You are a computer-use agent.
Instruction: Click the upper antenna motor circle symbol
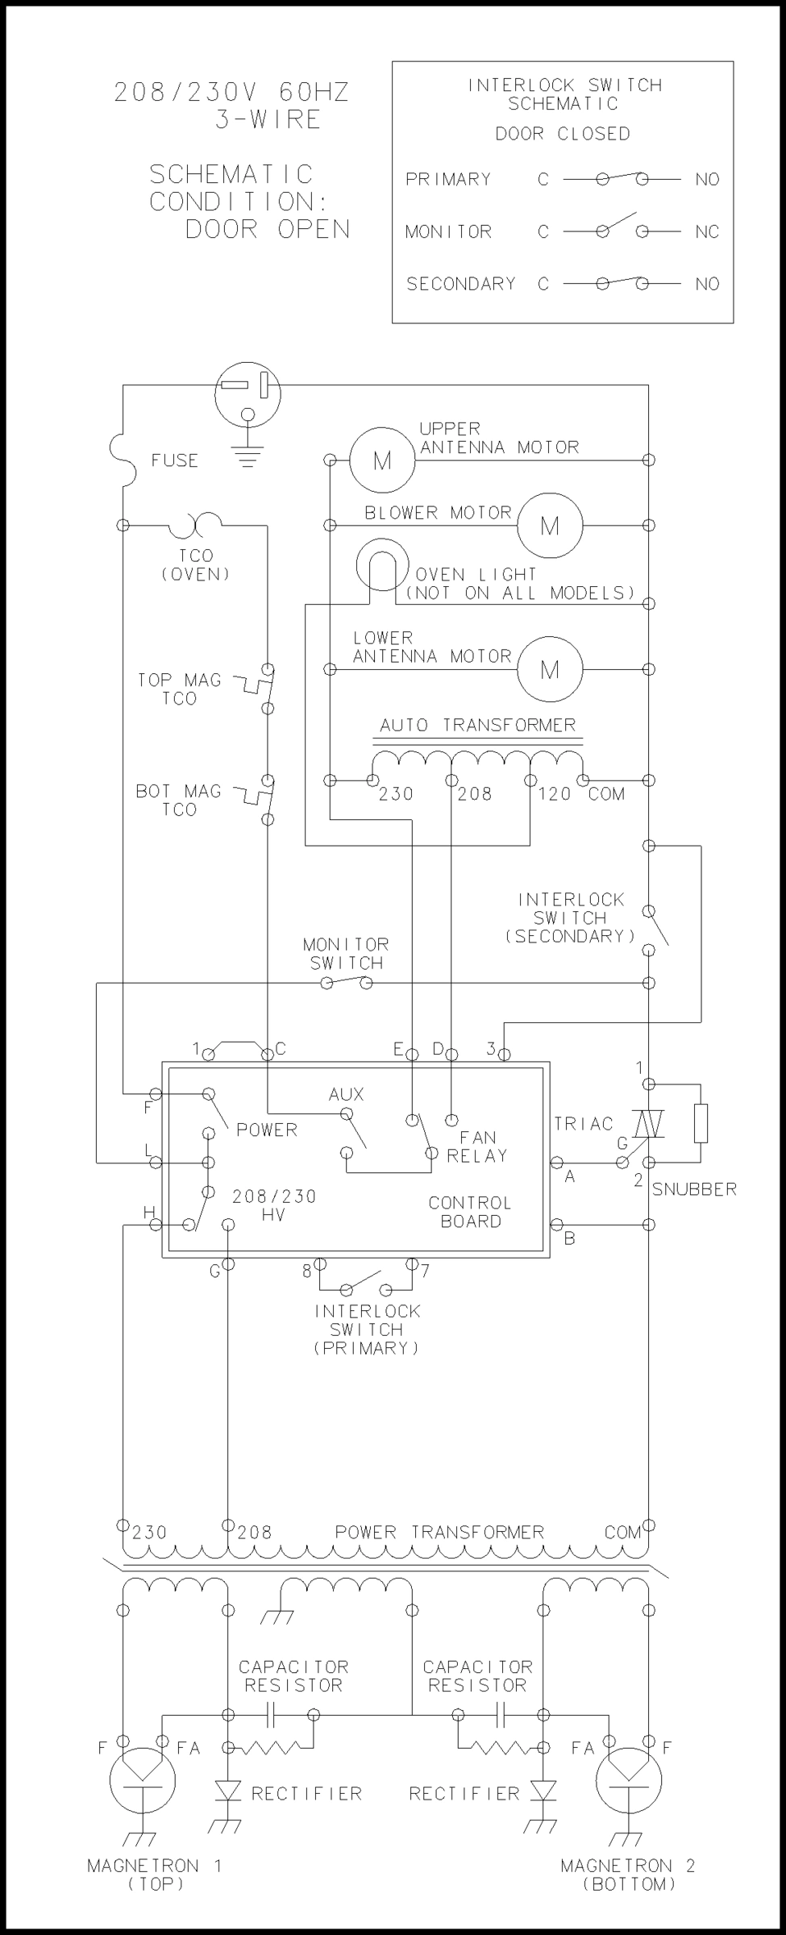click(x=382, y=460)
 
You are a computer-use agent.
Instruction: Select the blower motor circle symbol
click(x=549, y=526)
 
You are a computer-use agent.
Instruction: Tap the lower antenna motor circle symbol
click(x=549, y=669)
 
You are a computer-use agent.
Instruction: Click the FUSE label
click(x=174, y=460)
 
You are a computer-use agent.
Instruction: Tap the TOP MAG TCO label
click(x=179, y=689)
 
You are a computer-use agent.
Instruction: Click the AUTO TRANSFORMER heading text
click(x=478, y=725)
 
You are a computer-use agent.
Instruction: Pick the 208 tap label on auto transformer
click(x=475, y=794)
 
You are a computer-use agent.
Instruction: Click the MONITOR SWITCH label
click(x=346, y=953)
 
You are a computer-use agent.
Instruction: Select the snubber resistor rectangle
click(x=701, y=1124)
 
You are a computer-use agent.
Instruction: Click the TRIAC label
click(x=584, y=1123)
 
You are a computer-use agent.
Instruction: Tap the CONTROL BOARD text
click(x=470, y=1212)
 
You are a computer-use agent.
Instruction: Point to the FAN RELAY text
click(x=477, y=1146)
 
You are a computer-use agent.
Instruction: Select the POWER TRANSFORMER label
click(x=439, y=1532)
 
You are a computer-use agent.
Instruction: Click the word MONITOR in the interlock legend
click(x=448, y=232)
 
